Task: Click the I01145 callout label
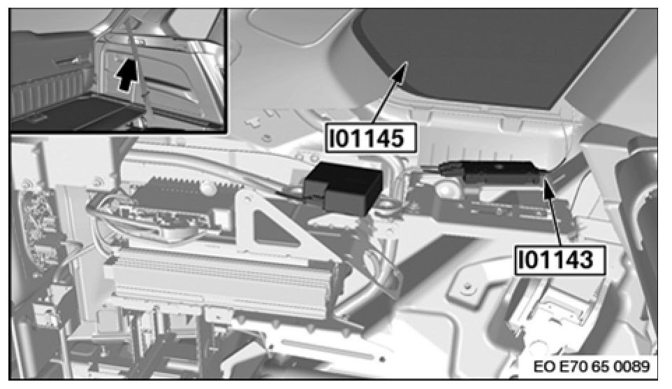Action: [371, 139]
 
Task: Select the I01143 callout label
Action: [560, 260]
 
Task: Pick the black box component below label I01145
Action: [343, 188]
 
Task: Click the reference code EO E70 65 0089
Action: [592, 367]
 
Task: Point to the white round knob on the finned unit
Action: [207, 188]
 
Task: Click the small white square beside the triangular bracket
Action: [222, 218]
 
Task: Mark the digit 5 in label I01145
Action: [397, 139]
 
